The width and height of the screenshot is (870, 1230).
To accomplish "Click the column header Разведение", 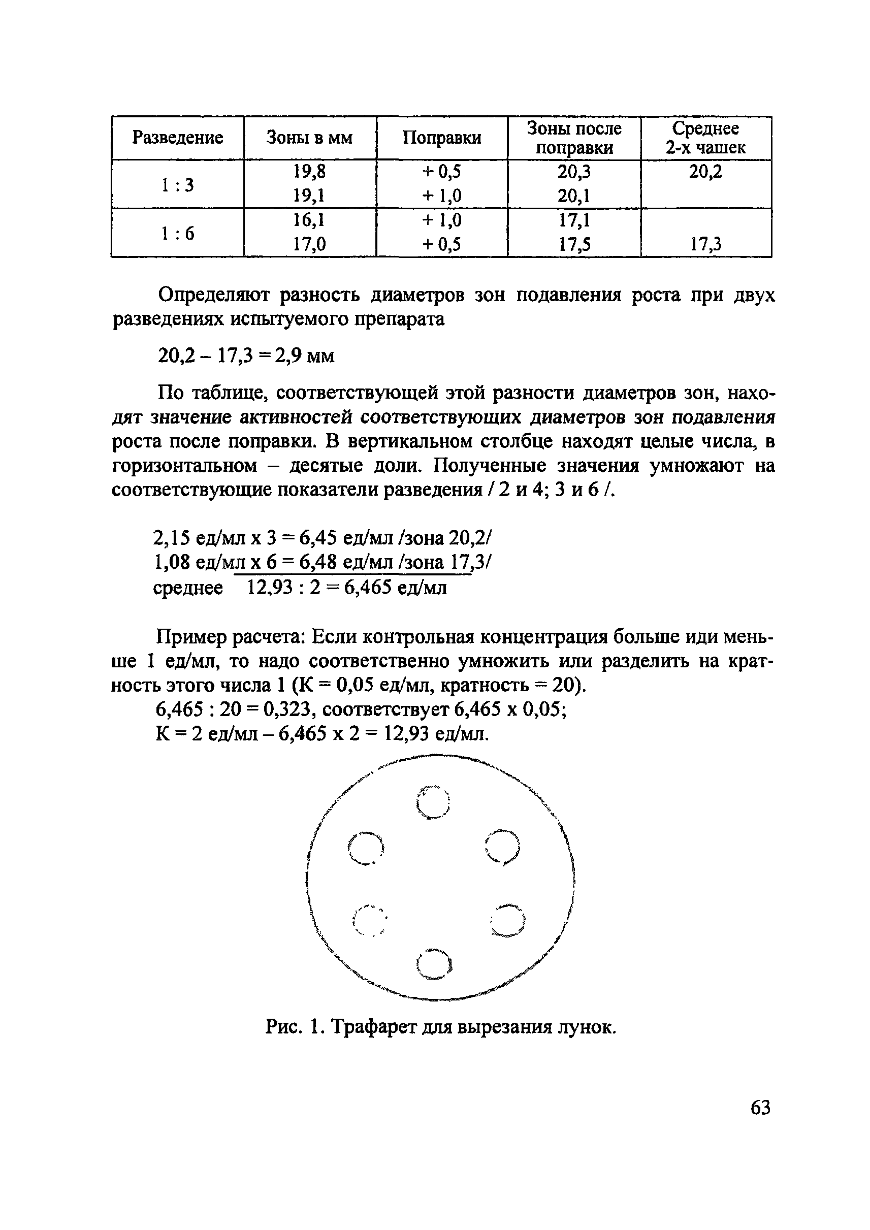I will [177, 138].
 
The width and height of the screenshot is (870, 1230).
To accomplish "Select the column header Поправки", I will [441, 138].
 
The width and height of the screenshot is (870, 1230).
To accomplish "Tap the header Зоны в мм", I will [309, 138].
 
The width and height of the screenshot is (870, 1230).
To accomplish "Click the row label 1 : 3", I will [177, 185].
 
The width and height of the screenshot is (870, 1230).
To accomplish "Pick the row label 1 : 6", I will [177, 234].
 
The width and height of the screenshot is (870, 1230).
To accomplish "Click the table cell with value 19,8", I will [309, 172].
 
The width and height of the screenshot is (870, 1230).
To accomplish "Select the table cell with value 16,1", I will [309, 221].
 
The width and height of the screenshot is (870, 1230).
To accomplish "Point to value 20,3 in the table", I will [574, 172].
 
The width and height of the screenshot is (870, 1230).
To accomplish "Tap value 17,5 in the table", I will [574, 245].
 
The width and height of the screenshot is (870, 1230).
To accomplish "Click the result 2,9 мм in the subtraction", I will [304, 355].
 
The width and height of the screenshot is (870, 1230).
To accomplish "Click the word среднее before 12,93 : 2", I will [187, 588].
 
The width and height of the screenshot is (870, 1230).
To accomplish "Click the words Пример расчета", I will [231, 637].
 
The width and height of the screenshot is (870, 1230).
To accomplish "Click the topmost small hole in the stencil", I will [433, 802].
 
